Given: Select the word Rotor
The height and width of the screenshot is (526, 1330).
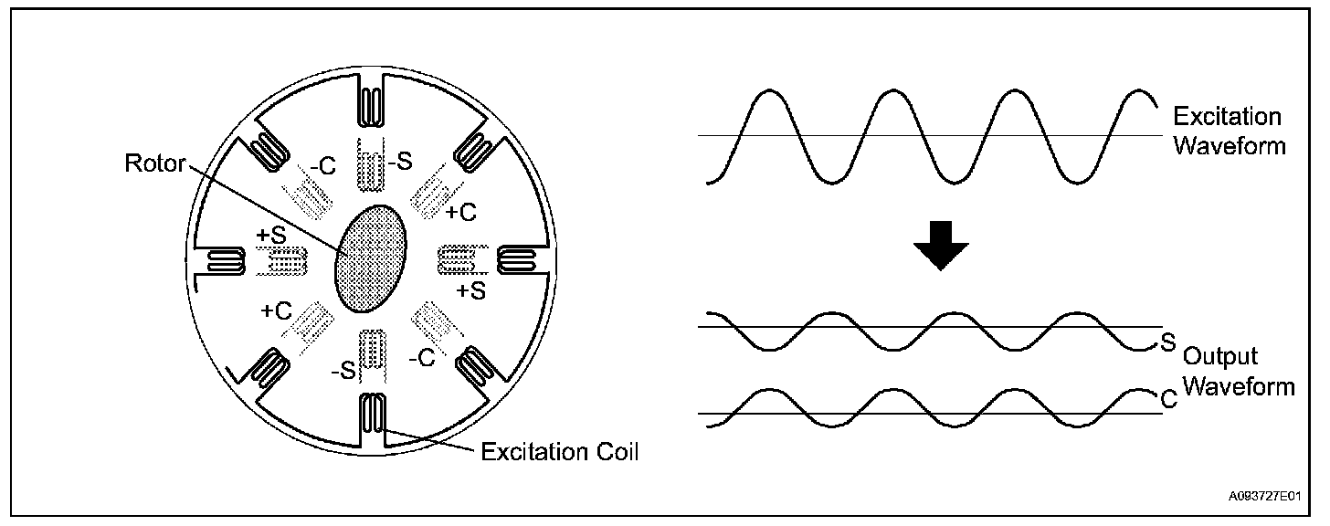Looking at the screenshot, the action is pos(154,164).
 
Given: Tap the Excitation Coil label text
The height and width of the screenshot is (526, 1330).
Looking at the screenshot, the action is pos(560,451).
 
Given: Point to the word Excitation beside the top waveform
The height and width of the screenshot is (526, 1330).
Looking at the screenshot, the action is pos(1226,117).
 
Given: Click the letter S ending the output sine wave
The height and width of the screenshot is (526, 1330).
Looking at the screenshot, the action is pos(1166,341).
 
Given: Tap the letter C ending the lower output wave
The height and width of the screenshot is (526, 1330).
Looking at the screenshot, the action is pos(1166,399).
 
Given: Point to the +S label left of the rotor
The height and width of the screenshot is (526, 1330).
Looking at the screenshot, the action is pos(271,236).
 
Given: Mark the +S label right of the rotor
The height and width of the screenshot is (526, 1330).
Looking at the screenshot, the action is pos(470,289).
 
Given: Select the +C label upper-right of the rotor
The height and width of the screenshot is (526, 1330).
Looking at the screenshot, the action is pos(461,212).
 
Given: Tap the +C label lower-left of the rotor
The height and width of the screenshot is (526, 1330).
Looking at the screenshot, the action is pos(276,310).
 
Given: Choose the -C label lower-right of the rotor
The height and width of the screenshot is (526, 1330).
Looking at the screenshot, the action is pos(421,358).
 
